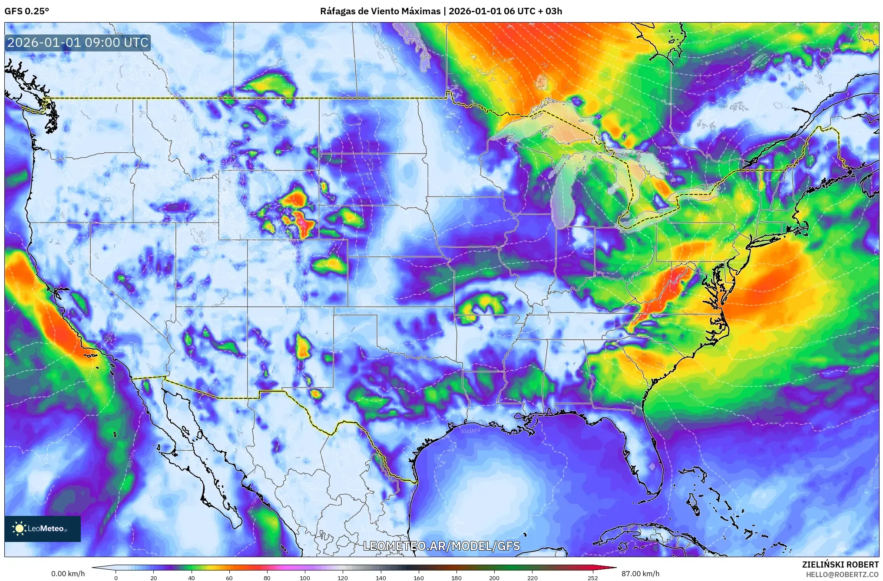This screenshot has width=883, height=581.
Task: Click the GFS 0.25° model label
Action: click(x=26, y=11)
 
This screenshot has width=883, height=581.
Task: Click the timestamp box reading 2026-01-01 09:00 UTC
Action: click(x=78, y=43)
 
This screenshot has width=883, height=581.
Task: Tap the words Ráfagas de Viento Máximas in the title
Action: click(x=380, y=11)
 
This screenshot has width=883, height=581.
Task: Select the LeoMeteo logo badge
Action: click(x=43, y=528)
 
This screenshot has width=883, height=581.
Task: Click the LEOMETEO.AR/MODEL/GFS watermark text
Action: click(x=441, y=546)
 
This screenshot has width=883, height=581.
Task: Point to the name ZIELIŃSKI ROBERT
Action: click(x=840, y=565)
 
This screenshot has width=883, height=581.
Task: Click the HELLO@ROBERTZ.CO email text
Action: click(x=842, y=574)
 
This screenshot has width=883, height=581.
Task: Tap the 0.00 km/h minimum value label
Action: click(x=68, y=574)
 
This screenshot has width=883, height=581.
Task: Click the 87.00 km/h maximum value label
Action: click(x=640, y=574)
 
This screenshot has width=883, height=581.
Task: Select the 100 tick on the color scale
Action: click(x=305, y=578)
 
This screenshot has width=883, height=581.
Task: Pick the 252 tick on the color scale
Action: click(x=593, y=578)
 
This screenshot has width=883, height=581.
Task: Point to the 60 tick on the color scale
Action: click(x=229, y=578)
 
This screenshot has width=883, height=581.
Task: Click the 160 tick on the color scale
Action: click(x=419, y=578)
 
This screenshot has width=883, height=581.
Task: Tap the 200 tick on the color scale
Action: click(x=494, y=578)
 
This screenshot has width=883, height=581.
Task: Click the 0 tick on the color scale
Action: click(x=116, y=578)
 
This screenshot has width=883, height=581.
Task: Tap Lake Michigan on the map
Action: click(x=564, y=195)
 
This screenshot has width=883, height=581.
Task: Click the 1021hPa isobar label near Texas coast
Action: click(x=470, y=430)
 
